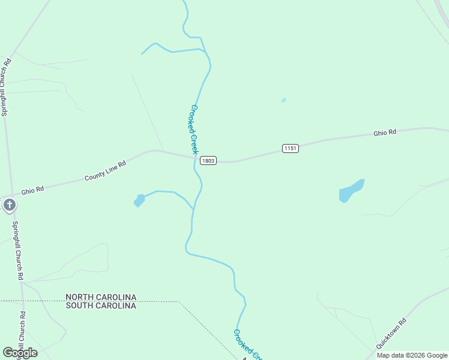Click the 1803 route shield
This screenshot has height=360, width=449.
[208, 161]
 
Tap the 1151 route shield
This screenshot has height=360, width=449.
[291, 148]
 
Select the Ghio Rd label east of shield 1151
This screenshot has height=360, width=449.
[385, 133]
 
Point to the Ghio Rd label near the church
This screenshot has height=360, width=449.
[33, 190]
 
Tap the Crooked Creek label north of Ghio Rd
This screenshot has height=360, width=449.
[194, 130]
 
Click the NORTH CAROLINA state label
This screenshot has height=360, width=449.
[101, 297]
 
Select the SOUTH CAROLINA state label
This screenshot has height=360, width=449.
[101, 305]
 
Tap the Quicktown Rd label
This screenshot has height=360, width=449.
[391, 334]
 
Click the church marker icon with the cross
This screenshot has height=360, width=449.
[9, 205]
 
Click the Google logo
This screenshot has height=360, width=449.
[20, 353]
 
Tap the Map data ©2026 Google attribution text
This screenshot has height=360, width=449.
[411, 355]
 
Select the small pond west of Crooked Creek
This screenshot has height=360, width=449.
[139, 200]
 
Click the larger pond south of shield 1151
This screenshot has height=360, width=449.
[351, 191]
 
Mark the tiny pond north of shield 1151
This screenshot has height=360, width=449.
[283, 100]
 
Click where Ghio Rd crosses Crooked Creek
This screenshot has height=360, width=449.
[195, 158]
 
